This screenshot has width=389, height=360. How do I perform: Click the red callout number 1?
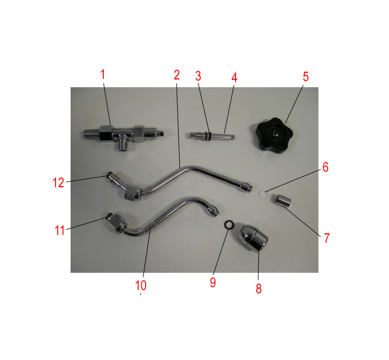coord(103,74)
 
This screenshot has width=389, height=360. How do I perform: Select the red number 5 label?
coord(306,77)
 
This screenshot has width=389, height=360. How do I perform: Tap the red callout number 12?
coord(58,183)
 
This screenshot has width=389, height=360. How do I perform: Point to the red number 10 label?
coord(141,286)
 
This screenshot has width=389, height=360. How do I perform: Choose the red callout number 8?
coord(258,288)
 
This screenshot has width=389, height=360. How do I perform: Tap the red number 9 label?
coord(213,282)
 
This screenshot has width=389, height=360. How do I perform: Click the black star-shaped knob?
coord(275,134)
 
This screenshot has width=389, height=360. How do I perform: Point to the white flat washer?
coord(263,194)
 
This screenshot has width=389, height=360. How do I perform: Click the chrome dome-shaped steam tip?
coord(252,238)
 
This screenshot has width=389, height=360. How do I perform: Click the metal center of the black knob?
coord(274,134)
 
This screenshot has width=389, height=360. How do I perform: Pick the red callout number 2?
coord(176,75)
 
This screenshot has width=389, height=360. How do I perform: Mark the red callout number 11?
coord(59,231)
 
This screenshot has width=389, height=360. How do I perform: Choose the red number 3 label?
coord(198,76)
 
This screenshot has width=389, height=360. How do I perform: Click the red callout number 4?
coord(235,78)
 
